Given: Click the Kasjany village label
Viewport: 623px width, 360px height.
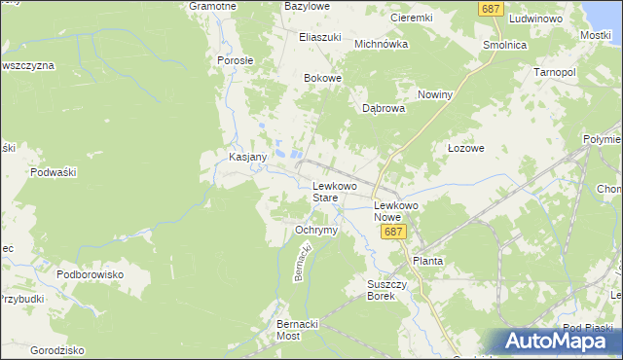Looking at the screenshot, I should point(228,157).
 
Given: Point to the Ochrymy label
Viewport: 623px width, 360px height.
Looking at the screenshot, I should point(315,230).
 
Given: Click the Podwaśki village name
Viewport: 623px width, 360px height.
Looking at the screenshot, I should point(54,171).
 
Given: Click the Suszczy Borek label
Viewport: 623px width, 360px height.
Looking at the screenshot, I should point(381,290).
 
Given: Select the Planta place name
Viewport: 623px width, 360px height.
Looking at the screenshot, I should point(428,261).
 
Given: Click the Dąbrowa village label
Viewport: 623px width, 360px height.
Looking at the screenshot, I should point(384,109).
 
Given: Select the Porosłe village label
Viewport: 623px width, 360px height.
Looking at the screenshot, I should point(235,59).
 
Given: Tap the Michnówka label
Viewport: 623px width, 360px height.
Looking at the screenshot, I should point(380,44).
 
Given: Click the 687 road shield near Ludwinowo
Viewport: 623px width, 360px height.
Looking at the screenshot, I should point(492,8).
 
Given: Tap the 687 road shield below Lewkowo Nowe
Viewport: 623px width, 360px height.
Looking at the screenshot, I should point(393,233).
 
